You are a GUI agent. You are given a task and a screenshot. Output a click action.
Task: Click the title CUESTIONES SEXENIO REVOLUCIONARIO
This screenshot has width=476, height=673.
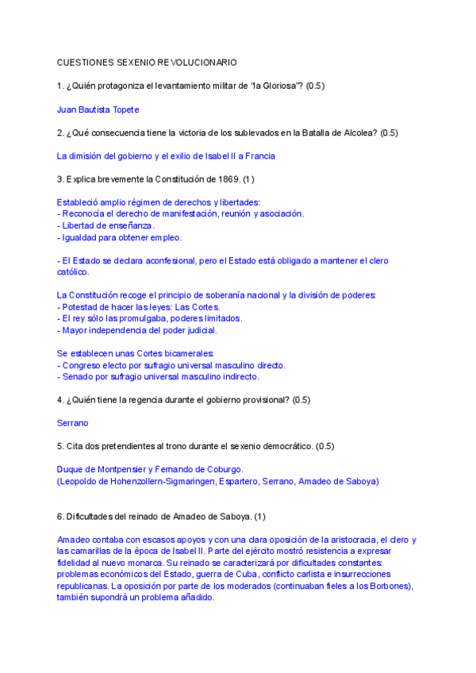point(147,62)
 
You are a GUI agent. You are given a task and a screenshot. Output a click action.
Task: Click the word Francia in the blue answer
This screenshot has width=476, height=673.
point(259,156)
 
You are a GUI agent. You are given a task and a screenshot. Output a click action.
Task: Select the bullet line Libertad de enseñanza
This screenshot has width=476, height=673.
point(106,225)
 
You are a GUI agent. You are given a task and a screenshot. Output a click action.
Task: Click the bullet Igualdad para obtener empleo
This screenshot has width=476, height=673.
point(120,237)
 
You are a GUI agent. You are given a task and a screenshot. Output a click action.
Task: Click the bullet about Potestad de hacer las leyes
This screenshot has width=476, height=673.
point(139,307)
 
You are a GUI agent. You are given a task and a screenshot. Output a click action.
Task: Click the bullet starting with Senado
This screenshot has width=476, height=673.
point(158,377)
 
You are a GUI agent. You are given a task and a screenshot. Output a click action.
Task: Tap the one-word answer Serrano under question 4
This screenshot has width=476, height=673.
point(73,424)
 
